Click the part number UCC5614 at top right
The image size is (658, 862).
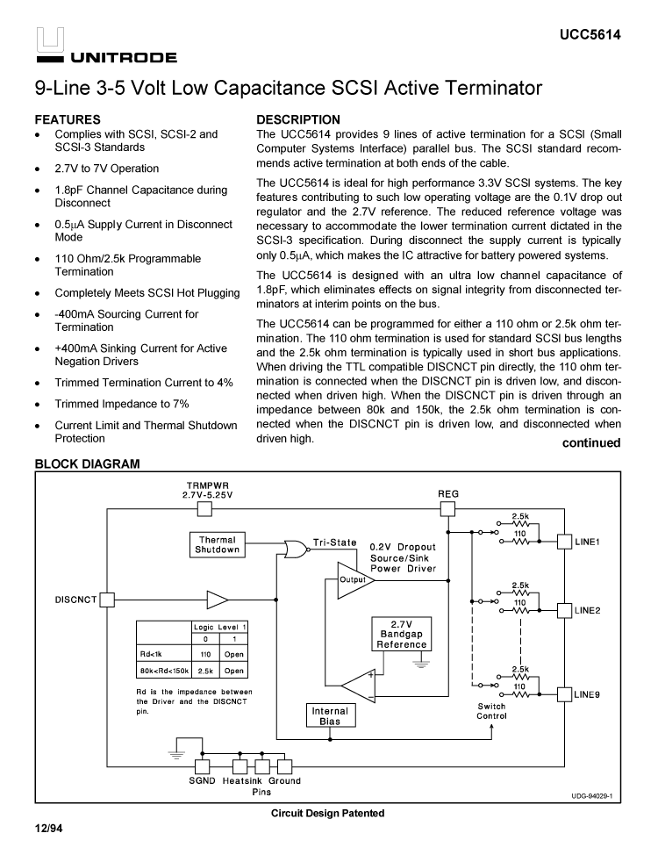pyautogui.click(x=590, y=35)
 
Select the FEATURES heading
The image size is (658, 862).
pyautogui.click(x=68, y=119)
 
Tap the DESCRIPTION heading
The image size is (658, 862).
pyautogui.click(x=298, y=119)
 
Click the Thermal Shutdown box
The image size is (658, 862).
pyautogui.click(x=217, y=544)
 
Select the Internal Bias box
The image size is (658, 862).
pyautogui.click(x=330, y=715)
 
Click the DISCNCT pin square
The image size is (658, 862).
pyautogui.click(x=107, y=600)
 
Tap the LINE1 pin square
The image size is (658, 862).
pyautogui.click(x=566, y=542)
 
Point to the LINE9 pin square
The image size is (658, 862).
pyautogui.click(x=566, y=694)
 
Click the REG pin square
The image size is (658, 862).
pyautogui.click(x=448, y=511)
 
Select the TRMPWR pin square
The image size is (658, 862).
pyautogui.click(x=203, y=511)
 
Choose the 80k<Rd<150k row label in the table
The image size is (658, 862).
pyautogui.click(x=163, y=670)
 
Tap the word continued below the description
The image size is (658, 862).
pyautogui.click(x=590, y=442)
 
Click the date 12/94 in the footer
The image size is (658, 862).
pyautogui.click(x=48, y=829)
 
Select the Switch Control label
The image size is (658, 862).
pyautogui.click(x=491, y=711)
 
